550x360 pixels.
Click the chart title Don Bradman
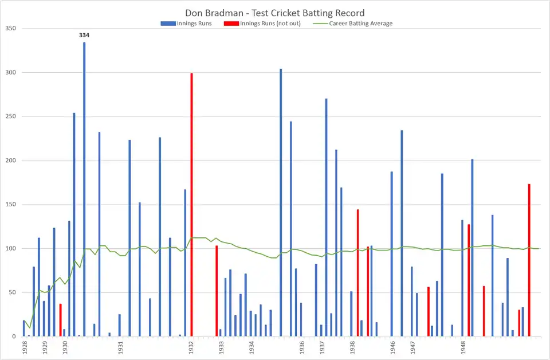click(274, 13)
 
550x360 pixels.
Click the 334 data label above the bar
click(84, 35)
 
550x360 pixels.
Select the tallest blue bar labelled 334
click(84, 189)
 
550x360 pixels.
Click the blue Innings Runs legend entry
click(187, 24)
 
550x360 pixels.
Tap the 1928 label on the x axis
click(25, 347)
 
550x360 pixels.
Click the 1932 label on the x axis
click(191, 347)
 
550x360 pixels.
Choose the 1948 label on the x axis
click(463, 347)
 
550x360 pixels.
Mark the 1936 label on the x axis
click(301, 347)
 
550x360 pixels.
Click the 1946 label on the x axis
click(392, 347)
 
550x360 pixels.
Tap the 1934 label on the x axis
click(252, 347)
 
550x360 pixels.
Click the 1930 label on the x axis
click(65, 347)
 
